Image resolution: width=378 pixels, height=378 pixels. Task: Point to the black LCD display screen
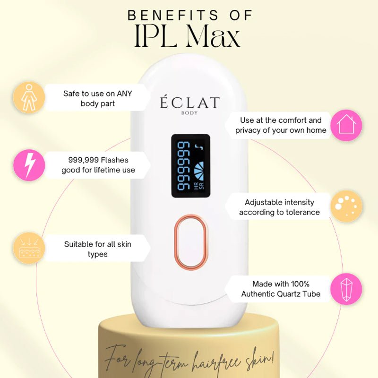point(190,166)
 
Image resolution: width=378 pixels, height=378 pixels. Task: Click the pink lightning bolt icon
point(29,165)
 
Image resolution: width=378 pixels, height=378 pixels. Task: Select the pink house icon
point(346,125)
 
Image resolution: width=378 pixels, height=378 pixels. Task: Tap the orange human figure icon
point(29,97)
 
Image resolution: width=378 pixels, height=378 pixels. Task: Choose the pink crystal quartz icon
point(346,289)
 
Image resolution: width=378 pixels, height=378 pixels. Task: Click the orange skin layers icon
point(29,248)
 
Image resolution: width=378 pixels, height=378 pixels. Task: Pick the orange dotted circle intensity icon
point(346,206)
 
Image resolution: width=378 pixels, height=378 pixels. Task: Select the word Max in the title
point(214,37)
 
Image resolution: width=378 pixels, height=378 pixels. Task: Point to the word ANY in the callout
point(124,94)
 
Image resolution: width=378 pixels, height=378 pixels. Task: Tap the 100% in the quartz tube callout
point(300,284)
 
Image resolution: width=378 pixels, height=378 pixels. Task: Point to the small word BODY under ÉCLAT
point(189,113)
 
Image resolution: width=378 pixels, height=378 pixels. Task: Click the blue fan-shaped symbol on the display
point(199,171)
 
